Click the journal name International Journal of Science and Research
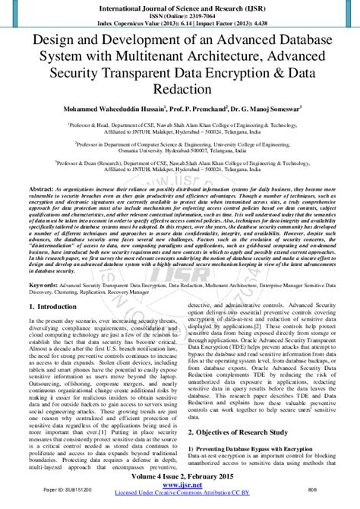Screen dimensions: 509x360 pyautogui.click(x=180, y=6)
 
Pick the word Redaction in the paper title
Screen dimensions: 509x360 pyautogui.click(x=180, y=90)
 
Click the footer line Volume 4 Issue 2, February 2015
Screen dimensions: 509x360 pyautogui.click(x=180, y=488)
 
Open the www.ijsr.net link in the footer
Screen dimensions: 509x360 pyautogui.click(x=180, y=495)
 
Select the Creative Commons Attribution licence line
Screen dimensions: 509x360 pyautogui.click(x=180, y=504)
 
